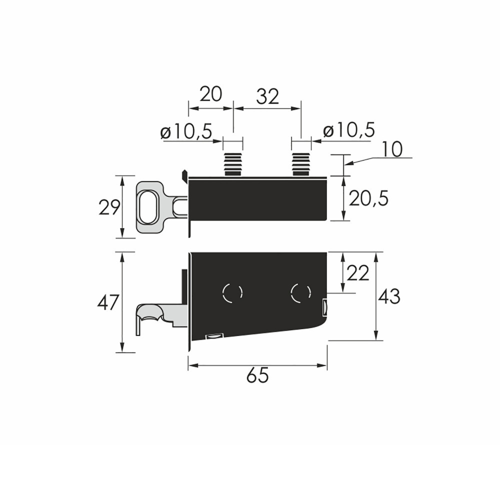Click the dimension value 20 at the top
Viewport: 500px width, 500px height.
[210, 94]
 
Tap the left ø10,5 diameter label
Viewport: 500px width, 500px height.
[186, 131]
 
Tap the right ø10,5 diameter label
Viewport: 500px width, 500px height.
[349, 130]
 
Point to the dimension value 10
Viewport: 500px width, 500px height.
[391, 149]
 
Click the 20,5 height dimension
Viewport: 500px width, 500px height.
[368, 199]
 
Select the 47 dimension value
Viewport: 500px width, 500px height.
[108, 302]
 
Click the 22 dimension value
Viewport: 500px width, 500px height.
[357, 273]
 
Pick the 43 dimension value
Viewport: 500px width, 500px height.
[388, 296]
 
